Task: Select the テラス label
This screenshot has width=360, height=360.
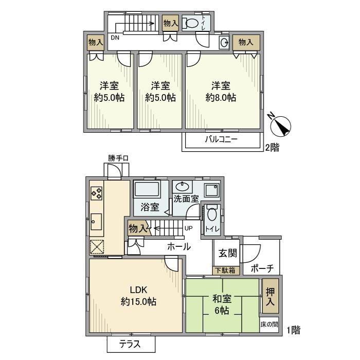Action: coord(131,345)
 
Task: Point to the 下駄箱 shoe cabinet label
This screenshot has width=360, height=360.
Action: coord(225,270)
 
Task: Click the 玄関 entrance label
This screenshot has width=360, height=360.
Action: coord(227,253)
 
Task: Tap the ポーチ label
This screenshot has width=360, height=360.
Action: coord(262,268)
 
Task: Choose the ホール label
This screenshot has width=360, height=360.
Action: coord(179,246)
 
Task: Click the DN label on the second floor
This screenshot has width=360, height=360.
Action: coord(115,38)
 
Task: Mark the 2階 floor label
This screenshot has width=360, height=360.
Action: coord(272,148)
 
